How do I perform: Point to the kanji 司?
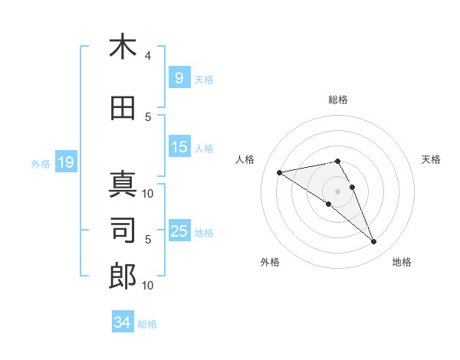tap(123, 230)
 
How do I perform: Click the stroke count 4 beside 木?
tap(148, 56)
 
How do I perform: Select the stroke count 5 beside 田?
tap(148, 116)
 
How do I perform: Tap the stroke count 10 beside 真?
tap(149, 193)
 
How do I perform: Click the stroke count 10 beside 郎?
tap(149, 286)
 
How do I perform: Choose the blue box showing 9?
tap(179, 77)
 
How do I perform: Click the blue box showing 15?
tap(179, 147)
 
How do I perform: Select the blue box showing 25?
tap(179, 231)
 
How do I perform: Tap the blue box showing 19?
tap(65, 162)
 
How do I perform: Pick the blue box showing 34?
tap(122, 322)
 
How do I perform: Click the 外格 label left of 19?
tap(40, 163)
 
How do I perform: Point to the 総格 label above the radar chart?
tap(337, 100)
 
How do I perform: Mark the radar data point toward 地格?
tap(374, 242)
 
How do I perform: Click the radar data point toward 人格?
tap(279, 172)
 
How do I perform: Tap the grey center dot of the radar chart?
tap(337, 191)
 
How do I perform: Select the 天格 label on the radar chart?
tap(432, 159)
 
